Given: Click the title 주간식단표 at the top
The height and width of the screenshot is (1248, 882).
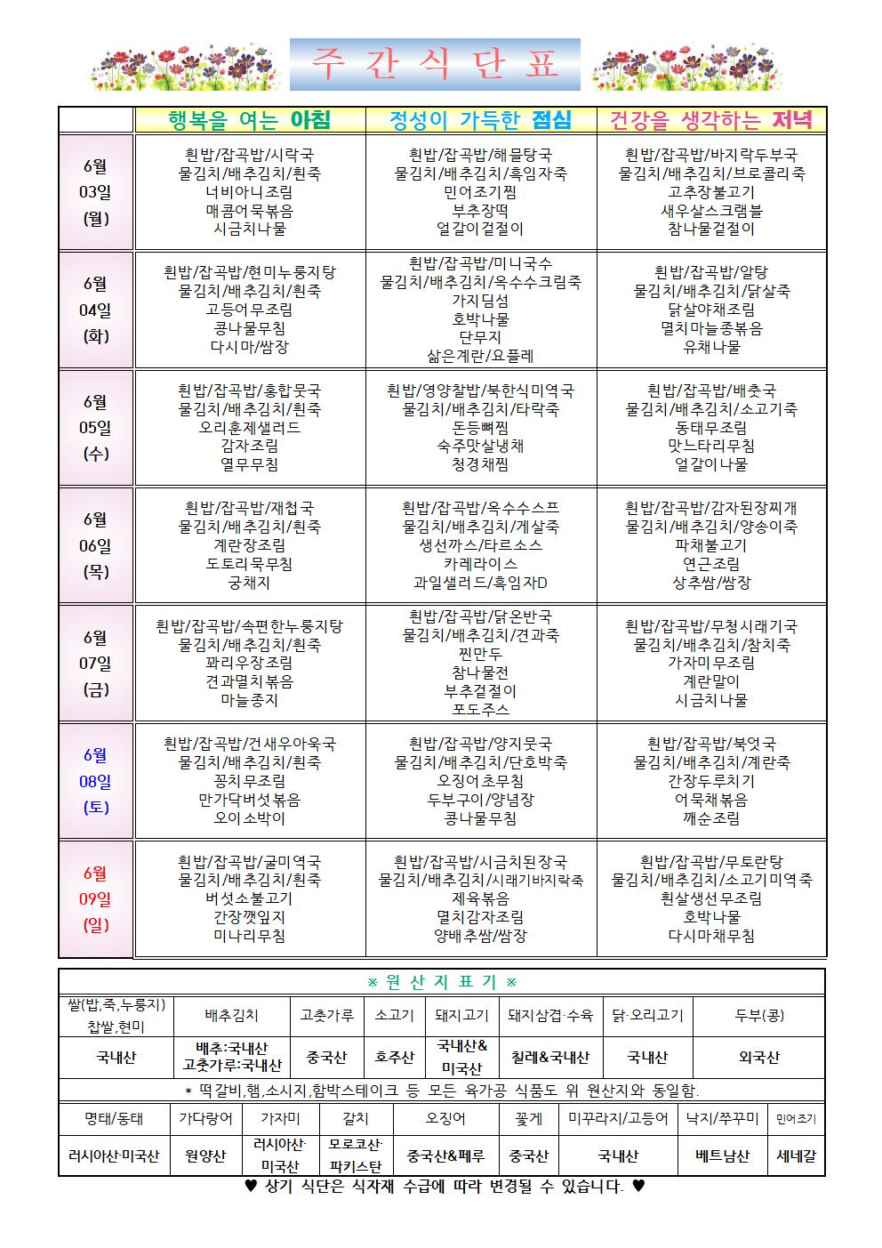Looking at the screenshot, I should [435, 66].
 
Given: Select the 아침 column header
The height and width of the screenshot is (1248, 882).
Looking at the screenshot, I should [249, 120].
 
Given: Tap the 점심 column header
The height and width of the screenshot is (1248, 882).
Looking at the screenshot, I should [481, 120].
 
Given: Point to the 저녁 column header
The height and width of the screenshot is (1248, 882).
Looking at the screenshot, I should [710, 120].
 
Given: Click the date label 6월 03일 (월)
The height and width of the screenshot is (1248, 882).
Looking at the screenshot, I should [96, 192].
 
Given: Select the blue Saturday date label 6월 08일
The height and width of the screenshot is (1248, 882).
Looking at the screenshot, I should [96, 781].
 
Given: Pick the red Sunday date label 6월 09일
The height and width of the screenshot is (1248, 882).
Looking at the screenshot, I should [96, 898].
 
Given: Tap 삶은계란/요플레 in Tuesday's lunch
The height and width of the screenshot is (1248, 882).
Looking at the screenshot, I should [481, 357].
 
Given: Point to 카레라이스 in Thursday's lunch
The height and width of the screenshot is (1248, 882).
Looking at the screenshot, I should [481, 564].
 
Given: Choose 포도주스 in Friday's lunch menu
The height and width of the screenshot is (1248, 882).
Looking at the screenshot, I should [481, 710].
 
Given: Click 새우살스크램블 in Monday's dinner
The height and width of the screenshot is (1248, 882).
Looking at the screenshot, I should [711, 211].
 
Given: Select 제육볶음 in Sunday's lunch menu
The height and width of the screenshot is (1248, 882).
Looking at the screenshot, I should [481, 898].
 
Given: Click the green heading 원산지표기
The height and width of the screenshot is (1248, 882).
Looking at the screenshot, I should [442, 982].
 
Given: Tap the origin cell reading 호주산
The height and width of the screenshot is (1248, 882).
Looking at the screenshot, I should [393, 1058].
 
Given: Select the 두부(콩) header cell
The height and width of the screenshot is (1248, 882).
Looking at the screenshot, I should [759, 1015].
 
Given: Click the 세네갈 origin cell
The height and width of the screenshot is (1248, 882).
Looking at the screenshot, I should [796, 1156].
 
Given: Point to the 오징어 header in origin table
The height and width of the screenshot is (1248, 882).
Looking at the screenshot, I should [446, 1119].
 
